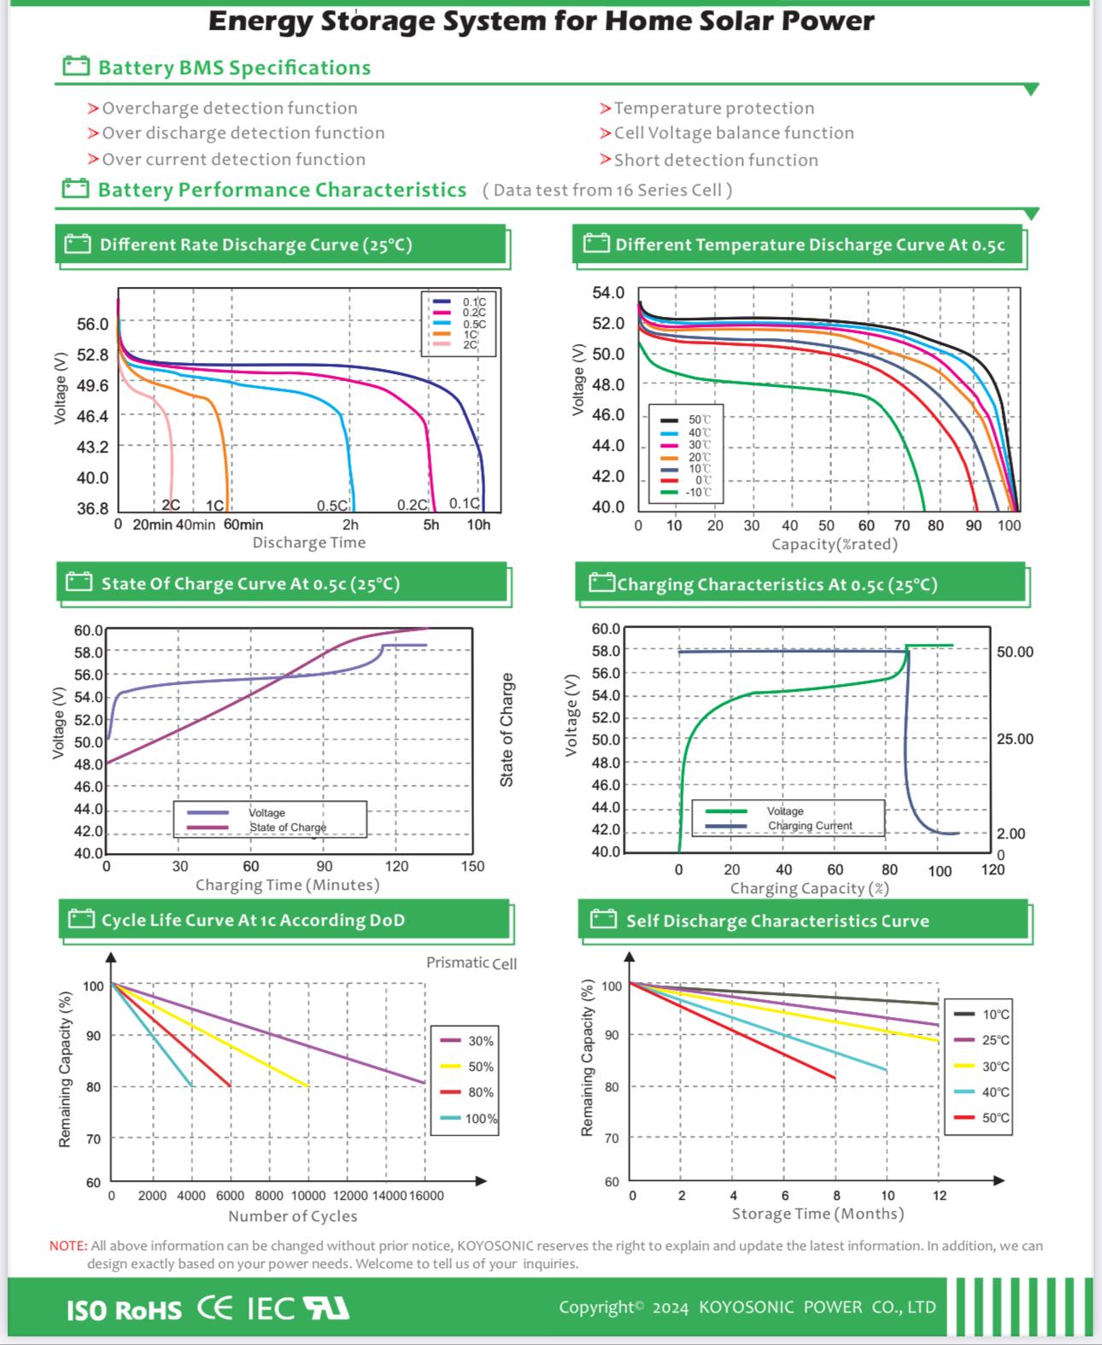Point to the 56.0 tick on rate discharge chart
tap(92, 325)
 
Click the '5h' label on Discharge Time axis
tap(431, 525)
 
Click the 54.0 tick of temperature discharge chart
tap(608, 294)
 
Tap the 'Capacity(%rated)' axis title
tap(834, 545)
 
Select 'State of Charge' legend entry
tap(287, 827)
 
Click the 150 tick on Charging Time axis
tap(472, 867)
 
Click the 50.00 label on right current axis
tap(1014, 652)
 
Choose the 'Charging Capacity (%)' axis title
tap(809, 889)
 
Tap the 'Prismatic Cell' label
tap(472, 963)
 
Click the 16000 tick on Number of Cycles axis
tap(426, 1196)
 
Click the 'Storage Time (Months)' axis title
tap(818, 1214)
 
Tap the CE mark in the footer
tap(214, 1308)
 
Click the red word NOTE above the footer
tap(67, 1246)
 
